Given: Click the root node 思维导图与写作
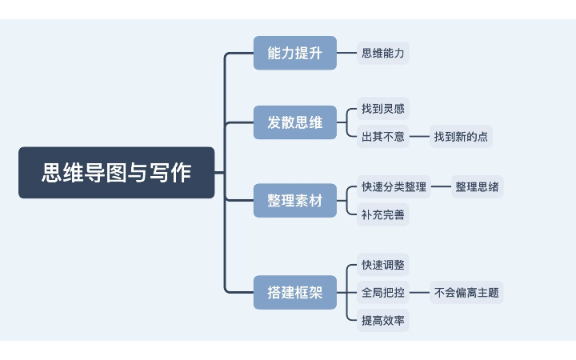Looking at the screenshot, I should click(117, 172).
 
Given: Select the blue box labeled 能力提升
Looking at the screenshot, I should click(294, 54).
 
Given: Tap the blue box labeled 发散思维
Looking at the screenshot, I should click(294, 122).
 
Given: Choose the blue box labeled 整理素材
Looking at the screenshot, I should click(294, 200).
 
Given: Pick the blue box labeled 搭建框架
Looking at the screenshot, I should click(294, 292).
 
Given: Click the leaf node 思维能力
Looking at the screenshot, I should click(383, 54).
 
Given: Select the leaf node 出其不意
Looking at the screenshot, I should click(383, 137).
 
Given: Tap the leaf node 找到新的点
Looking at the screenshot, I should click(461, 137).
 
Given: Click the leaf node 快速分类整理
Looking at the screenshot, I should click(394, 186).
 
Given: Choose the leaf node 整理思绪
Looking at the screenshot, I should click(478, 186).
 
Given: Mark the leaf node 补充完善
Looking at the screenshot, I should click(383, 214).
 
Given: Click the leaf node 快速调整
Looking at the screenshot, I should click(383, 264).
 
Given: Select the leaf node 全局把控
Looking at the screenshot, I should click(383, 293).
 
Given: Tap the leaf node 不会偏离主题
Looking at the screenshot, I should click(466, 293).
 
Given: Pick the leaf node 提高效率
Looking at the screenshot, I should click(383, 321).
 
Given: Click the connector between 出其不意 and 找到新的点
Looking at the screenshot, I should click(419, 137).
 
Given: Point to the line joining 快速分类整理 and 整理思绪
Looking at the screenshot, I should click(441, 186).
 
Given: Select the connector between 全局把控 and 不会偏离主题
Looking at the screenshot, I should click(419, 293).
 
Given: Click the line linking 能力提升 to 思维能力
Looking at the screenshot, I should click(346, 54).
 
